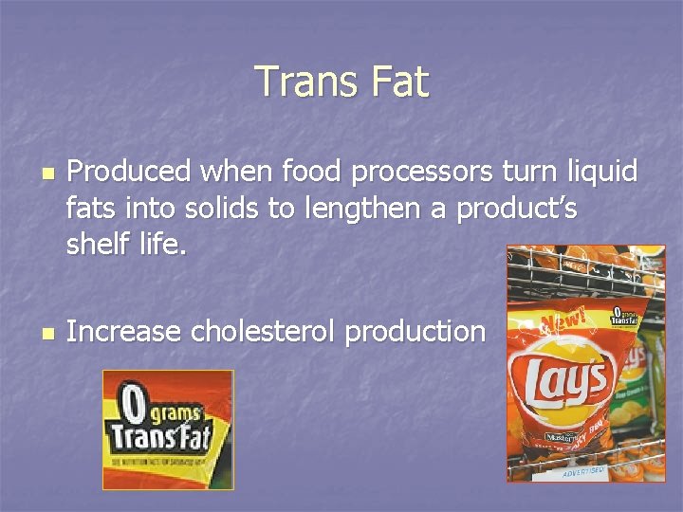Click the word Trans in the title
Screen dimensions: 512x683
coord(301,82)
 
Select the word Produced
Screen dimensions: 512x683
coord(129,172)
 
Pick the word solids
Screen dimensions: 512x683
coord(219,209)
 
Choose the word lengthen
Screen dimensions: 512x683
coord(362,209)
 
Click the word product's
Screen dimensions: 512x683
coord(516,209)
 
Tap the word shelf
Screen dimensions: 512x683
coord(98,246)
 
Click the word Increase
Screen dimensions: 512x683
coord(123,331)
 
